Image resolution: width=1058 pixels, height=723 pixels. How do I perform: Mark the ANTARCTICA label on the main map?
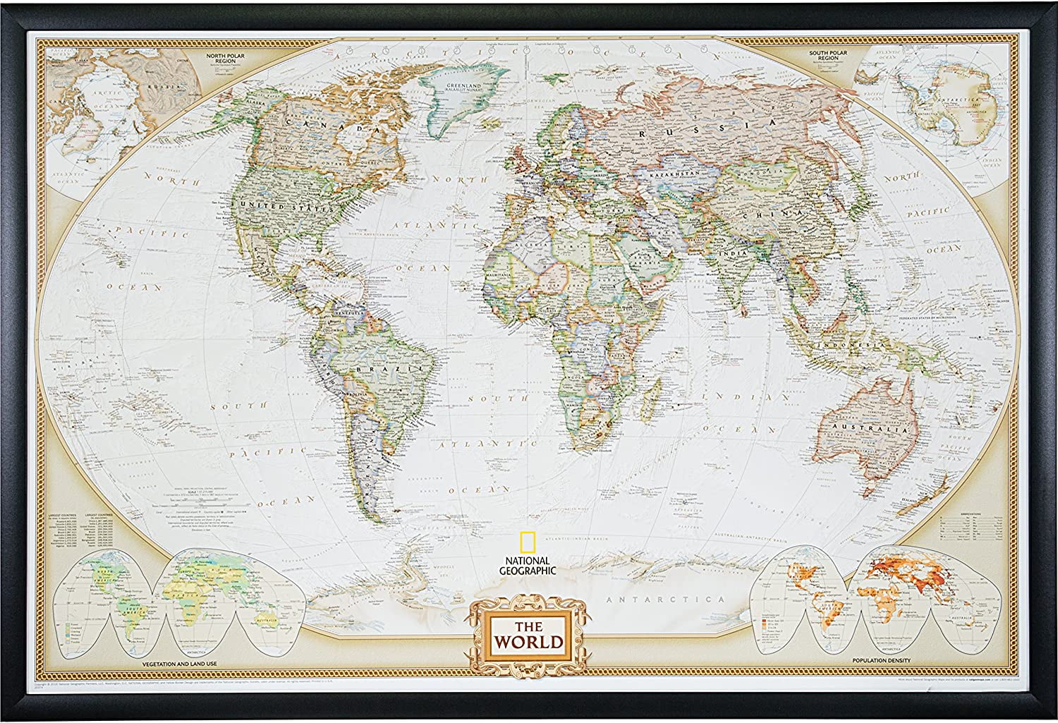click(667, 599)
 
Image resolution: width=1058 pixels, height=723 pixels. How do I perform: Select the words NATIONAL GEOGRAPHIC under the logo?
click(526, 566)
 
